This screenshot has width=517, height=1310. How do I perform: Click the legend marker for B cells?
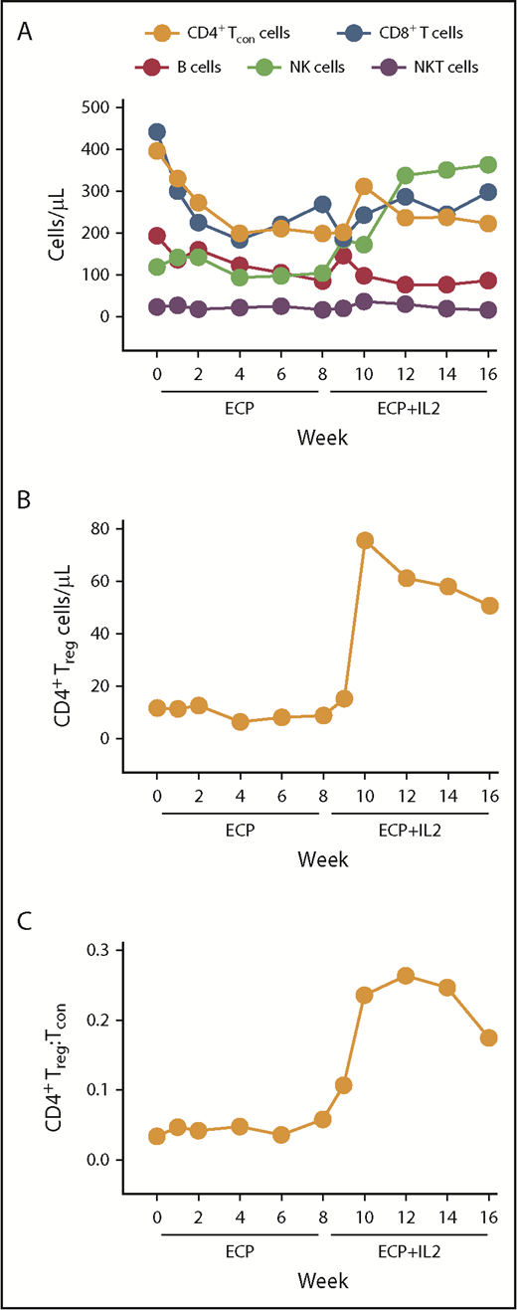(x=151, y=68)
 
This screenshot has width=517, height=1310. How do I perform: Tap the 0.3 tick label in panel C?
(x=98, y=950)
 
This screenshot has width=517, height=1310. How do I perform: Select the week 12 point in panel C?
(x=406, y=976)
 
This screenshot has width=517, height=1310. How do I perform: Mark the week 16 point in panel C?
(x=488, y=1037)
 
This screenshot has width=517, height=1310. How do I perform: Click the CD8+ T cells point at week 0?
(x=157, y=132)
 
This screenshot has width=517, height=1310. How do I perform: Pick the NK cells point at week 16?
(x=488, y=165)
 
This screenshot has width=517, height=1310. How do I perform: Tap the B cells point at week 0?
(x=157, y=236)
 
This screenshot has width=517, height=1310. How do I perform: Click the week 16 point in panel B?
(x=488, y=606)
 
